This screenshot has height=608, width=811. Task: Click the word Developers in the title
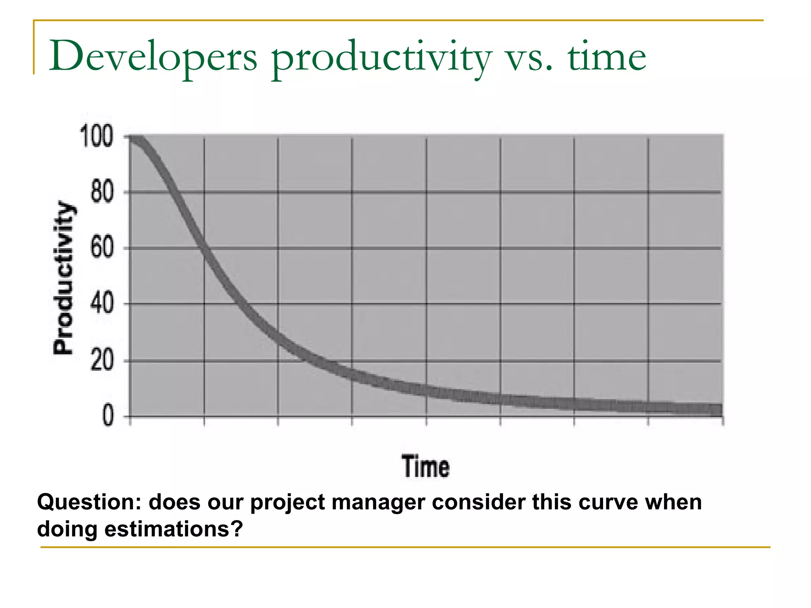[153, 56]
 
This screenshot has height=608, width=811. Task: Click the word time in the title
[607, 56]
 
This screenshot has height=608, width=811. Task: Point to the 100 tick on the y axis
[97, 136]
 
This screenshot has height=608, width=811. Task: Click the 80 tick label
[102, 192]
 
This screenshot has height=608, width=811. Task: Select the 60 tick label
[102, 249]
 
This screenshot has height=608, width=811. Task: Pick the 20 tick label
[102, 361]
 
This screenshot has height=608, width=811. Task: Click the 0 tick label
[108, 416]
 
